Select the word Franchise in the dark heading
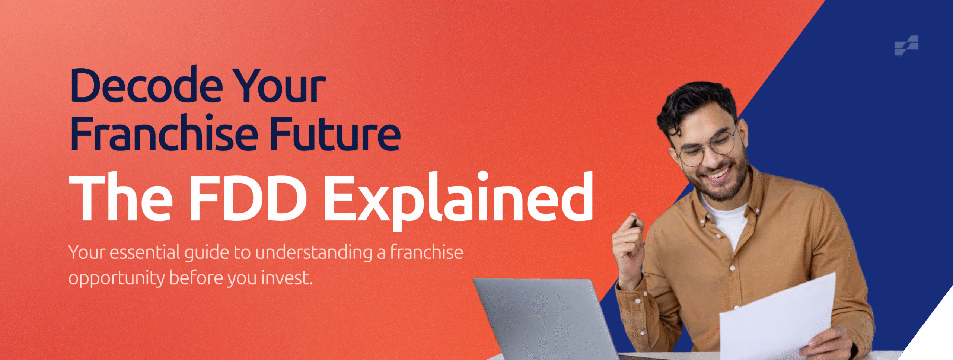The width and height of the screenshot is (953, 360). click(164, 133)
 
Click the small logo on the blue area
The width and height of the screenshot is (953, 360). click(906, 45)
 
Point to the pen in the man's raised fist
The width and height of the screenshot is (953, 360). click(634, 223)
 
